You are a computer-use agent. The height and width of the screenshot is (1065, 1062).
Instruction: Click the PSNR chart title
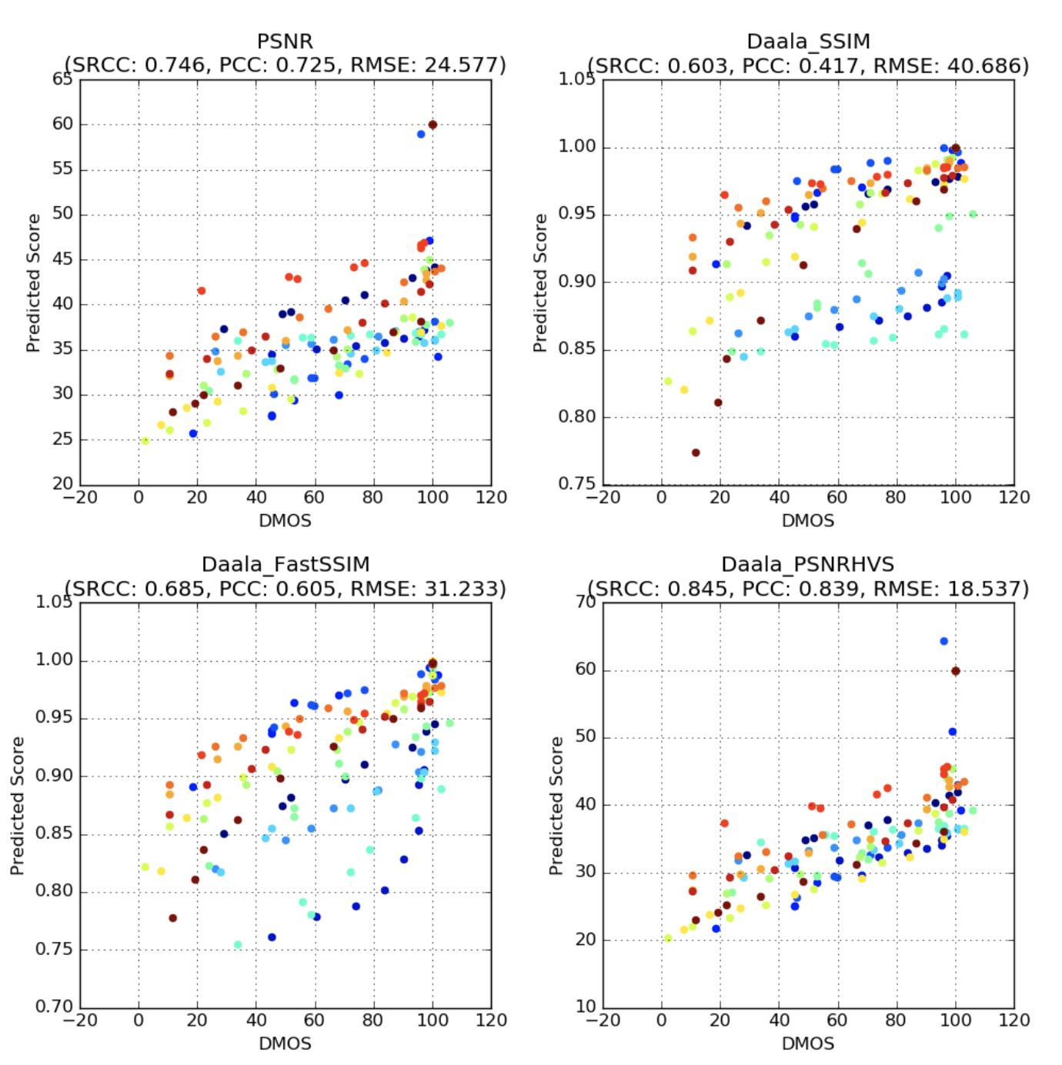click(285, 42)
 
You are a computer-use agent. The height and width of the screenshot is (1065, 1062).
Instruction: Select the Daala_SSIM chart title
click(808, 42)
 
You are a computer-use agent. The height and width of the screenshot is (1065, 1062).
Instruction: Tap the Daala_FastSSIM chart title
click(286, 565)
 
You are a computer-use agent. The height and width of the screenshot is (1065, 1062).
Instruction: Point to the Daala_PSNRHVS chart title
click(808, 565)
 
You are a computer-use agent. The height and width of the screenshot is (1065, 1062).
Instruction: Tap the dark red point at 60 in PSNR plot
click(432, 125)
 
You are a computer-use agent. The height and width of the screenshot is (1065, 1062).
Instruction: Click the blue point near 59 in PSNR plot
click(421, 134)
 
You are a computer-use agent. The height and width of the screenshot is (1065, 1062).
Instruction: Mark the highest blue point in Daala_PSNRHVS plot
click(943, 641)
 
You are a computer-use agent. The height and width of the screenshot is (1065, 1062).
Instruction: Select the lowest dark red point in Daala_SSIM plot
click(696, 452)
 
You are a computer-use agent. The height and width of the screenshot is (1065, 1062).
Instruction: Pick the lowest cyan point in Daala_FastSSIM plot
click(238, 944)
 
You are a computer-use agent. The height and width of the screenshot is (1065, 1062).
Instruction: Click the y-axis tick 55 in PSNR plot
click(62, 169)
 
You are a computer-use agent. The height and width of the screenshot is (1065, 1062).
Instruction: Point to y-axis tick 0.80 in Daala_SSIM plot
click(576, 417)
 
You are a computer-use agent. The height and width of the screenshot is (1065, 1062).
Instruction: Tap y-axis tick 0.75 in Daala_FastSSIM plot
click(54, 949)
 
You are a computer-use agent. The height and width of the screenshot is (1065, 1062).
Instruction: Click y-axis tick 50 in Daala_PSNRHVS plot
click(586, 736)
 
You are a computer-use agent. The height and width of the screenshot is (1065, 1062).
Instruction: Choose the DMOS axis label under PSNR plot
click(285, 521)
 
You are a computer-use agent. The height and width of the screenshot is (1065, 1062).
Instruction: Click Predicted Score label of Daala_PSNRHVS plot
click(556, 806)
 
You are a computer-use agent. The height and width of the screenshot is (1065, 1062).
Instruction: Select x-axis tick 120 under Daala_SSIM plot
click(1014, 498)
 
